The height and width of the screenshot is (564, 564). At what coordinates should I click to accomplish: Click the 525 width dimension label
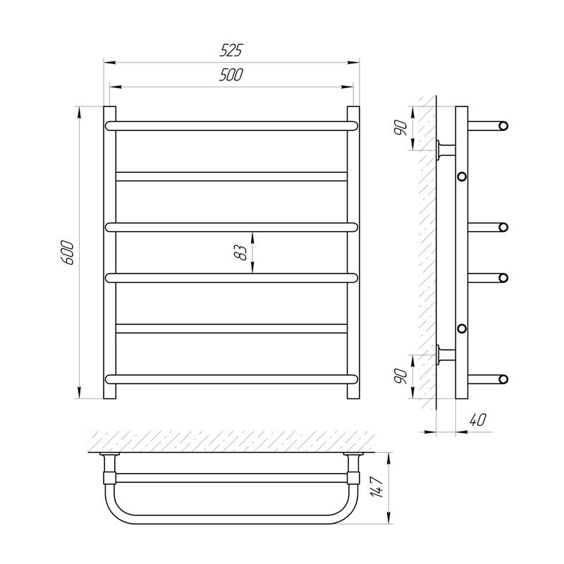click(x=231, y=50)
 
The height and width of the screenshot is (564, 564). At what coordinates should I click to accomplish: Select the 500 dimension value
click(x=231, y=75)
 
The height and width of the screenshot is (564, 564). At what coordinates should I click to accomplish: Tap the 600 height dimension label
click(x=68, y=253)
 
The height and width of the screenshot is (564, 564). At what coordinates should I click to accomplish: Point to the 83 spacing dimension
click(x=240, y=252)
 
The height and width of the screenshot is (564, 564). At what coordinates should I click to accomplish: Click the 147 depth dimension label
click(x=377, y=487)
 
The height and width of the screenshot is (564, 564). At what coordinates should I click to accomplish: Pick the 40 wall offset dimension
click(x=478, y=419)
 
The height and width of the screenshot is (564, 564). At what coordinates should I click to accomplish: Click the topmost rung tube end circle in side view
click(x=503, y=126)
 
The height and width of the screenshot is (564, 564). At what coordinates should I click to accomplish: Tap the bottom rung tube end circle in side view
click(x=503, y=379)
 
